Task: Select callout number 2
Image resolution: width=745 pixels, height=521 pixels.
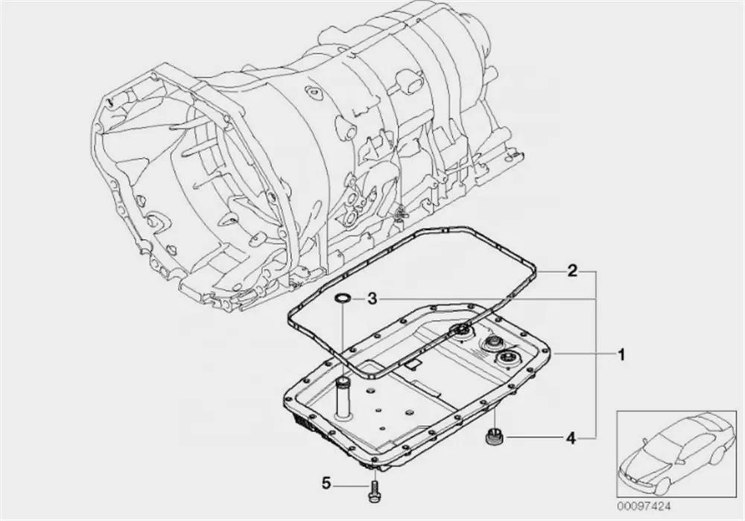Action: pos(572,271)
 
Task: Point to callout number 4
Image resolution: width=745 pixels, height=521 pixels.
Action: pos(571,438)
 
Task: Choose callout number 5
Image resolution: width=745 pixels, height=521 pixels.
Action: pos(326,484)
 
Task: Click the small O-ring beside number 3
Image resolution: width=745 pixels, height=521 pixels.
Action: pos(342,299)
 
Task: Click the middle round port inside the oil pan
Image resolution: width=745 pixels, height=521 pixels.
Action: pos(492,344)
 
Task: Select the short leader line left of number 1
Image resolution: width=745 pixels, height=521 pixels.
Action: pos(581,355)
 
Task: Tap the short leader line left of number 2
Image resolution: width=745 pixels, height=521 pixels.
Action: pos(551,271)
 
